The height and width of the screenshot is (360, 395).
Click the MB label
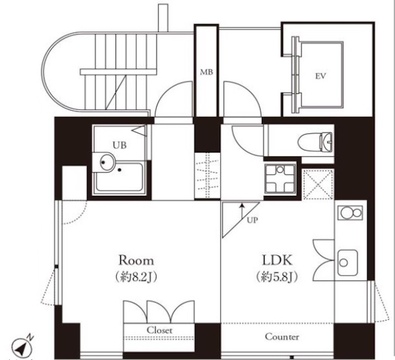point(206,72)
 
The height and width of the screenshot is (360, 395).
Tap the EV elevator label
point(320,76)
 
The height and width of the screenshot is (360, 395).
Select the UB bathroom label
point(119,145)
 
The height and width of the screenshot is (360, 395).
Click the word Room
point(137,260)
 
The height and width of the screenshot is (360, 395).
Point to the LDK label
point(277,260)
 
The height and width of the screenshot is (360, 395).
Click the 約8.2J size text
point(136,277)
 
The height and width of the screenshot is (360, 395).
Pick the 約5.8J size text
point(277,277)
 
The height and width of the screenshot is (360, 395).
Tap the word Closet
point(160,330)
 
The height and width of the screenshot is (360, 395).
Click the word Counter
point(282,337)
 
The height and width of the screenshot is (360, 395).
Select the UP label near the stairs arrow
point(252,220)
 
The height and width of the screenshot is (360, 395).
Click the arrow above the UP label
point(242,211)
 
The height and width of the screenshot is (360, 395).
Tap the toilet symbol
point(317,142)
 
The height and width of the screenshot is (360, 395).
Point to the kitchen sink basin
point(348,263)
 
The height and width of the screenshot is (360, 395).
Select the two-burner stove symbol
point(350,213)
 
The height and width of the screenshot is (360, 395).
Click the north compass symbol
point(22,347)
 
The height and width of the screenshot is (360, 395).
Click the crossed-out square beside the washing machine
point(318,184)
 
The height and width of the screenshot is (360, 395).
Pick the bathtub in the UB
point(119,177)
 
